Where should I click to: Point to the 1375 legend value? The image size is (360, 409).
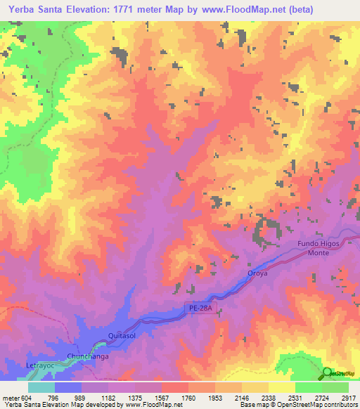coord(136,397)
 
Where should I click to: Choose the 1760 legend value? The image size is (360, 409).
coord(189,397)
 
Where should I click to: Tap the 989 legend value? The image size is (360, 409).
coord(82,397)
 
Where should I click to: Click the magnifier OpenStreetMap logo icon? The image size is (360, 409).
coord(327,372)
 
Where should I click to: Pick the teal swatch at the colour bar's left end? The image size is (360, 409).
coord(41,387)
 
